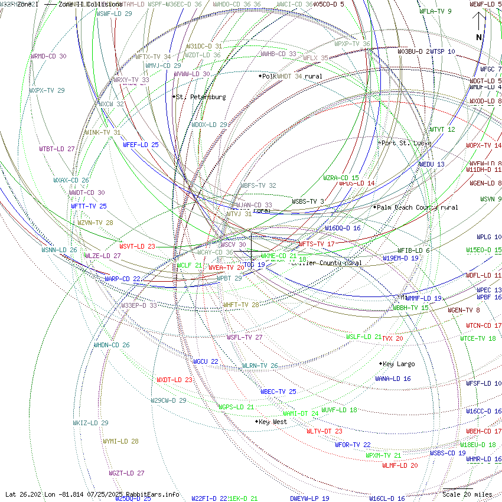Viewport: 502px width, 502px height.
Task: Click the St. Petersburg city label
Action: pyautogui.click(x=201, y=97)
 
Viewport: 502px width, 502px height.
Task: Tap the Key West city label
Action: pyautogui.click(x=272, y=422)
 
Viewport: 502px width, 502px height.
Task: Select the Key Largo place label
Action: pyautogui.click(x=399, y=364)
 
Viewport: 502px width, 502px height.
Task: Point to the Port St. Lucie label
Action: pyautogui.click(x=406, y=143)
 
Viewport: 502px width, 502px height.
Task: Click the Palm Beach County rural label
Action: pyautogui.click(x=417, y=207)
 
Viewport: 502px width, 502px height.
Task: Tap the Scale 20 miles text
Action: pyautogui.click(x=467, y=494)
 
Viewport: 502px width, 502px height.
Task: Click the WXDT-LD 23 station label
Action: pyautogui.click(x=174, y=380)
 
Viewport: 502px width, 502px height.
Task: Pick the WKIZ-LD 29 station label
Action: pyautogui.click(x=90, y=423)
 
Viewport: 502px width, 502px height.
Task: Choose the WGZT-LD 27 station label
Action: pyautogui.click(x=126, y=473)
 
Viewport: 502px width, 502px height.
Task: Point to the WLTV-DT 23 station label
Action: pyautogui.click(x=324, y=431)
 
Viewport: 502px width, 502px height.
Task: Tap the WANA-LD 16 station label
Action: pyautogui.click(x=393, y=379)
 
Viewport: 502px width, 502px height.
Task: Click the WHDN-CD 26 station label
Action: pyautogui.click(x=112, y=345)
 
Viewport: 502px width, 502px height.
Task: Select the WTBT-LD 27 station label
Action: pyautogui.click(x=57, y=149)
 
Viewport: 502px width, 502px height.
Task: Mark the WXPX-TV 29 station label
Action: pyautogui.click(x=47, y=90)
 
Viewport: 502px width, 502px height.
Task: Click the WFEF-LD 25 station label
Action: pyautogui.click(x=141, y=145)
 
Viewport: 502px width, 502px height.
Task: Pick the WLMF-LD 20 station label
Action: pyautogui.click(x=400, y=465)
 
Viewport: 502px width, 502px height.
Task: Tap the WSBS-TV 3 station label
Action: pyautogui.click(x=308, y=201)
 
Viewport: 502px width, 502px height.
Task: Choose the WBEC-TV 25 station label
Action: pyautogui.click(x=278, y=392)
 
